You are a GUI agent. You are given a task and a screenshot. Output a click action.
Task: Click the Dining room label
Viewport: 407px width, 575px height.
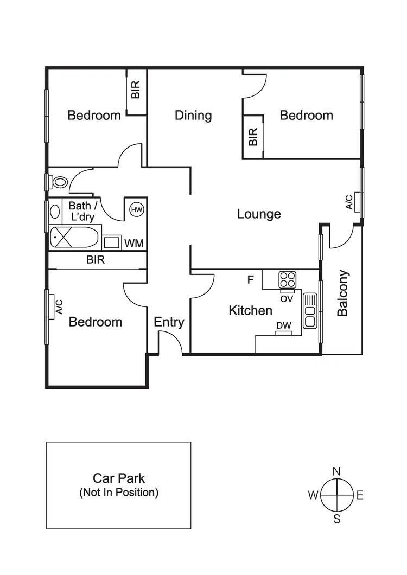coord(193,116)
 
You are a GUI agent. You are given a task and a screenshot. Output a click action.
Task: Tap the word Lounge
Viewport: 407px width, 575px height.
coord(259,214)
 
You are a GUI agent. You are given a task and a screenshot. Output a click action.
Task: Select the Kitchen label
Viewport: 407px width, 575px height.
coord(250,311)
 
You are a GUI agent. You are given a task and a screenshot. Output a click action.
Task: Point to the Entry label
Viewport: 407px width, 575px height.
coord(169,322)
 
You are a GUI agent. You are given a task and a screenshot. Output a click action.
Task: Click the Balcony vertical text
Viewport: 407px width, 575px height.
coord(342,293)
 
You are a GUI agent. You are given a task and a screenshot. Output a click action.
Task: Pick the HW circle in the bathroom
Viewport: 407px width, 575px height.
coord(136,209)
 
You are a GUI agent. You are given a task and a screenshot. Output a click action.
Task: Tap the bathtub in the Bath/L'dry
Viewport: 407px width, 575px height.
coord(75,238)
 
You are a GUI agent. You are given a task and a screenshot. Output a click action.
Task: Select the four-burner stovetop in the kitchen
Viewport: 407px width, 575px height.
coord(288,280)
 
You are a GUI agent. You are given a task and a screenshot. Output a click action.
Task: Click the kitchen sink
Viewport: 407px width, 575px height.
coord(310,311)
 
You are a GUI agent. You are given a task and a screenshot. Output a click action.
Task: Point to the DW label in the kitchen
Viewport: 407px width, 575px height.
coord(284,325)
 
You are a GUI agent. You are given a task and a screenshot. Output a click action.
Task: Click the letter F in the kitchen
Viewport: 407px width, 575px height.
coord(250,280)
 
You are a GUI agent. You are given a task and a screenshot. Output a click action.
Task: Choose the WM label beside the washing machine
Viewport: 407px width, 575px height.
coord(134,244)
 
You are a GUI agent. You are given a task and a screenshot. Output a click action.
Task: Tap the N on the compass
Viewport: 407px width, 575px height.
coord(336,471)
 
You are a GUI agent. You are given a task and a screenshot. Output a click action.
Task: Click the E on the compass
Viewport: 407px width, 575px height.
coord(360,495)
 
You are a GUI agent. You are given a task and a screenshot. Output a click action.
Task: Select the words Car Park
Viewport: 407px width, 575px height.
coord(119,478)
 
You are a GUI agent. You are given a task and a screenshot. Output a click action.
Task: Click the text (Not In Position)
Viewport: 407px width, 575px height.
coord(119,493)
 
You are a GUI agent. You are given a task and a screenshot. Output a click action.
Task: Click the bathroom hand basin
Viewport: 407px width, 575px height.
coord(55,211)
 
